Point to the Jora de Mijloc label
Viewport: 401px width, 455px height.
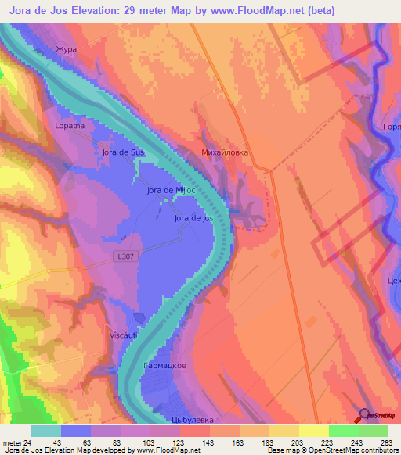170,190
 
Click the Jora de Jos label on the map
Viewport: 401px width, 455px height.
193,219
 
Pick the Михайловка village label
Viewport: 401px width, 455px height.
225,152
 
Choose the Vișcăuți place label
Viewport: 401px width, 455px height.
123,335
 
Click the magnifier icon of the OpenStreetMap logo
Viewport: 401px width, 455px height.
367,415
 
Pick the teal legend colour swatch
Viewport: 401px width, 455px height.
46,431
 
